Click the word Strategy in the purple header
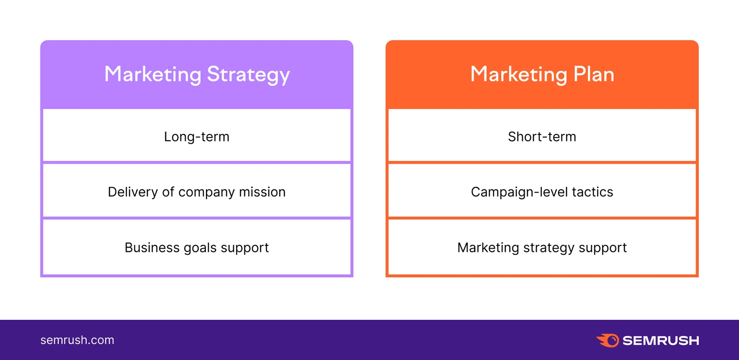coord(248,75)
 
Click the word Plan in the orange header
coord(594,74)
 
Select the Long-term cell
coord(197,137)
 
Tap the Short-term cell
coord(542,137)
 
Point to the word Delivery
coord(133,192)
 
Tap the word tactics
coord(593,192)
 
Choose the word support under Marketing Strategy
coord(245,248)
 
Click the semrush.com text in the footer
coord(77,340)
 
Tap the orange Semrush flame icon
coord(608,341)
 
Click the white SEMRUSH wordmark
coord(660,341)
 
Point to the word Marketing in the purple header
coord(153,74)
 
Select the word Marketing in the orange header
coord(519,74)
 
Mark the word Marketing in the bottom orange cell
coord(488,248)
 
